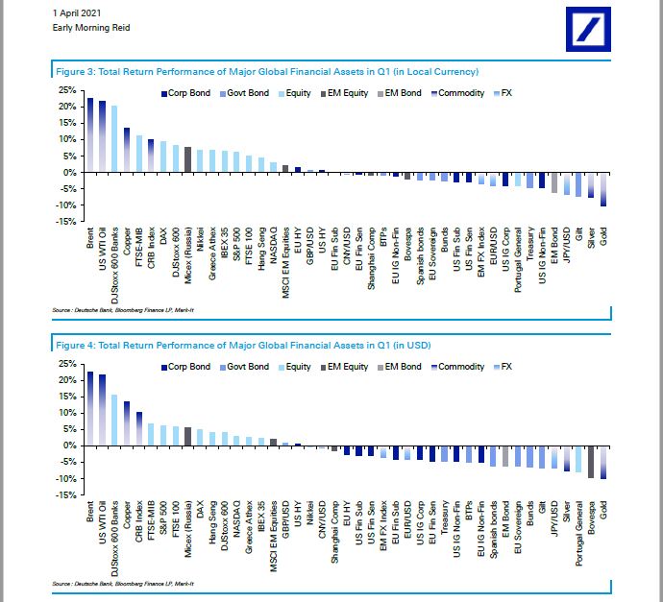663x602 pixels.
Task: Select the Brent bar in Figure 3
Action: (x=90, y=134)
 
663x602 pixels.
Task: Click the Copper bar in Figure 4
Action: (x=127, y=423)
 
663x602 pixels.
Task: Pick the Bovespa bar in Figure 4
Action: (x=591, y=462)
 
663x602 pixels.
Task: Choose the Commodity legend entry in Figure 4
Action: (x=457, y=367)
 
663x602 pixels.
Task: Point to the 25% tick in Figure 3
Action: (x=66, y=89)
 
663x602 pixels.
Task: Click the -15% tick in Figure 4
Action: (x=66, y=495)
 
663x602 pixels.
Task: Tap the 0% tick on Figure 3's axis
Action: (x=70, y=172)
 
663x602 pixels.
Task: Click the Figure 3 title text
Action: (x=264, y=72)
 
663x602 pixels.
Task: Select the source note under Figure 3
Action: (x=125, y=311)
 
